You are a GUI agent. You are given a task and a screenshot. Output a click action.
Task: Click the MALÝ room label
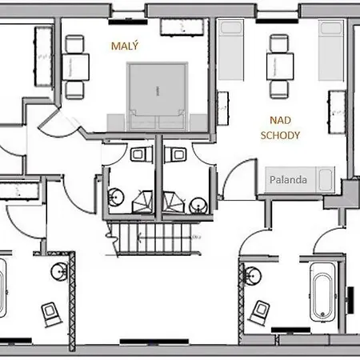(x=125, y=46)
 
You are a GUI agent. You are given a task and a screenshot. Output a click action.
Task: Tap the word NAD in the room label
(x=280, y=120)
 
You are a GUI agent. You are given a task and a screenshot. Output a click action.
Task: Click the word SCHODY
(x=280, y=135)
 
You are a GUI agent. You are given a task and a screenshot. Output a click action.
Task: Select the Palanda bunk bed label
(x=288, y=180)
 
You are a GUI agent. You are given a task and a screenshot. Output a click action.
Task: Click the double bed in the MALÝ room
(x=158, y=97)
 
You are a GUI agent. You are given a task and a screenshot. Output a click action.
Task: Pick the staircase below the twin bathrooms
(x=154, y=238)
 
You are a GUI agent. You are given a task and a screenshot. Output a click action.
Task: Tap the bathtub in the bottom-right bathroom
(x=322, y=292)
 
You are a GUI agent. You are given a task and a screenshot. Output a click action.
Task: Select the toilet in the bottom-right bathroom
(x=259, y=312)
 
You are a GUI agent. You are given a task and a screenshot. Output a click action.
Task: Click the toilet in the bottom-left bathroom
(x=50, y=314)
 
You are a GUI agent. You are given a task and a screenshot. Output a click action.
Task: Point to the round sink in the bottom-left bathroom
(x=59, y=272)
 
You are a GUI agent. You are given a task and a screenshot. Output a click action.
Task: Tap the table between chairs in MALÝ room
(x=75, y=67)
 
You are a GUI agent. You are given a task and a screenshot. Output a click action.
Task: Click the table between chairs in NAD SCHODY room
(x=280, y=66)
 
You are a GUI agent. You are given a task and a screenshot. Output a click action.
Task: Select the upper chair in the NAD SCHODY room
(x=279, y=44)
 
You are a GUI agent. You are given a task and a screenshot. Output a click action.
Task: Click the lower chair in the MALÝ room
(x=74, y=90)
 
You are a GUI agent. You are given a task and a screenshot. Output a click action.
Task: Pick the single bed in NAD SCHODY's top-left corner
(x=231, y=50)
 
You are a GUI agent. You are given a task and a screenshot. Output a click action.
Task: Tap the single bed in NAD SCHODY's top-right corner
(x=331, y=50)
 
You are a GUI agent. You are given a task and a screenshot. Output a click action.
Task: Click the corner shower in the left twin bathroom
(x=143, y=202)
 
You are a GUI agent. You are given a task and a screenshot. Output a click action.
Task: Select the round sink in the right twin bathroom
(x=198, y=205)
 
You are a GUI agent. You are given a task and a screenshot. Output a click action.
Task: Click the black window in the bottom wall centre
(x=154, y=342)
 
